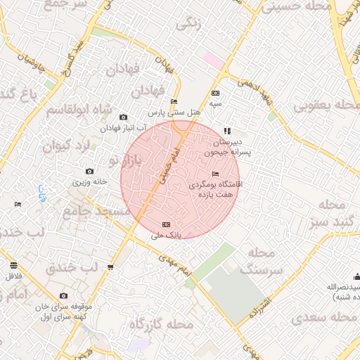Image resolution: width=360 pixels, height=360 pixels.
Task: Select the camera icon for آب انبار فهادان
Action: click(x=124, y=117)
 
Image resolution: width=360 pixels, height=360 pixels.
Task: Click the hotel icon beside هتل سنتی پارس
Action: click(x=174, y=101)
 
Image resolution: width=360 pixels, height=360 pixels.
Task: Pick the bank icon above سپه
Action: click(x=215, y=93)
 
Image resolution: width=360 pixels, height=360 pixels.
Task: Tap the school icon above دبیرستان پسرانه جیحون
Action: click(x=226, y=130)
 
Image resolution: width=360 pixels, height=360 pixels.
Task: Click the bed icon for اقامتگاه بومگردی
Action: click(x=215, y=174)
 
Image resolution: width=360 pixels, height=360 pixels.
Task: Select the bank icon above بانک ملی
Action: click(x=166, y=224)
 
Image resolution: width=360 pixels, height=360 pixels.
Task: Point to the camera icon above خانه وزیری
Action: click(x=89, y=171)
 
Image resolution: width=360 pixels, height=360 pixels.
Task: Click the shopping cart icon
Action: click(x=110, y=266)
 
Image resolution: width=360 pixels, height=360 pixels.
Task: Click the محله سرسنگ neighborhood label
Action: click(x=261, y=260)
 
